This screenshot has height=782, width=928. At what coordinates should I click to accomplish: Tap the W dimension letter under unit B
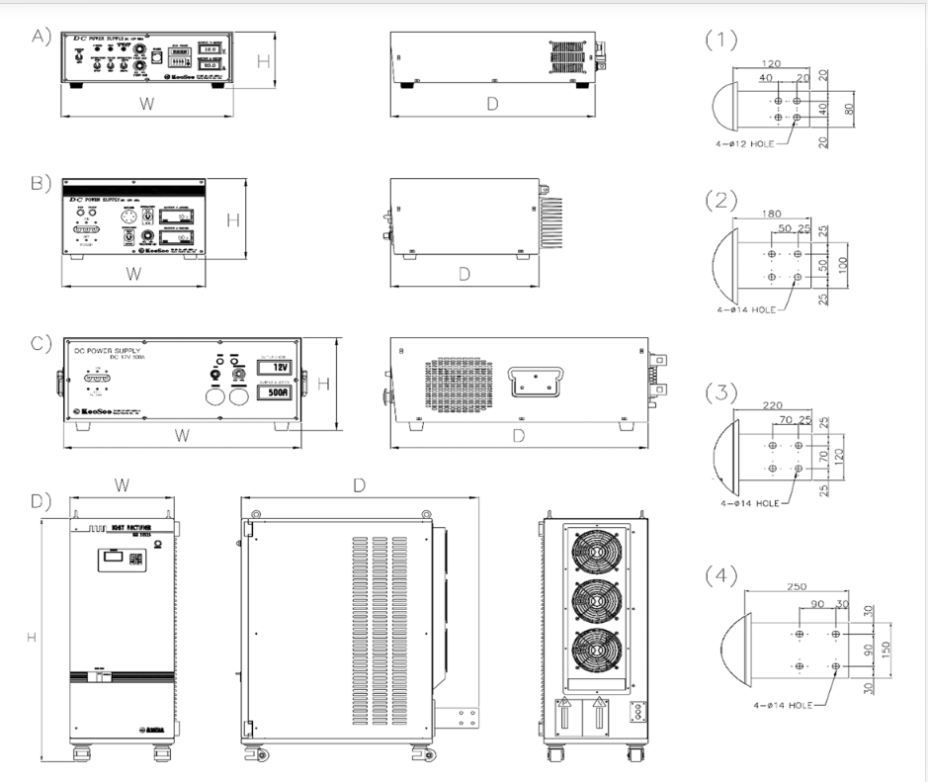[131, 272]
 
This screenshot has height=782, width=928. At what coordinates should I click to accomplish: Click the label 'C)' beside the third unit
[41, 344]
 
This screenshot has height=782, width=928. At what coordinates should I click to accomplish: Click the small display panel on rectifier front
[112, 561]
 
